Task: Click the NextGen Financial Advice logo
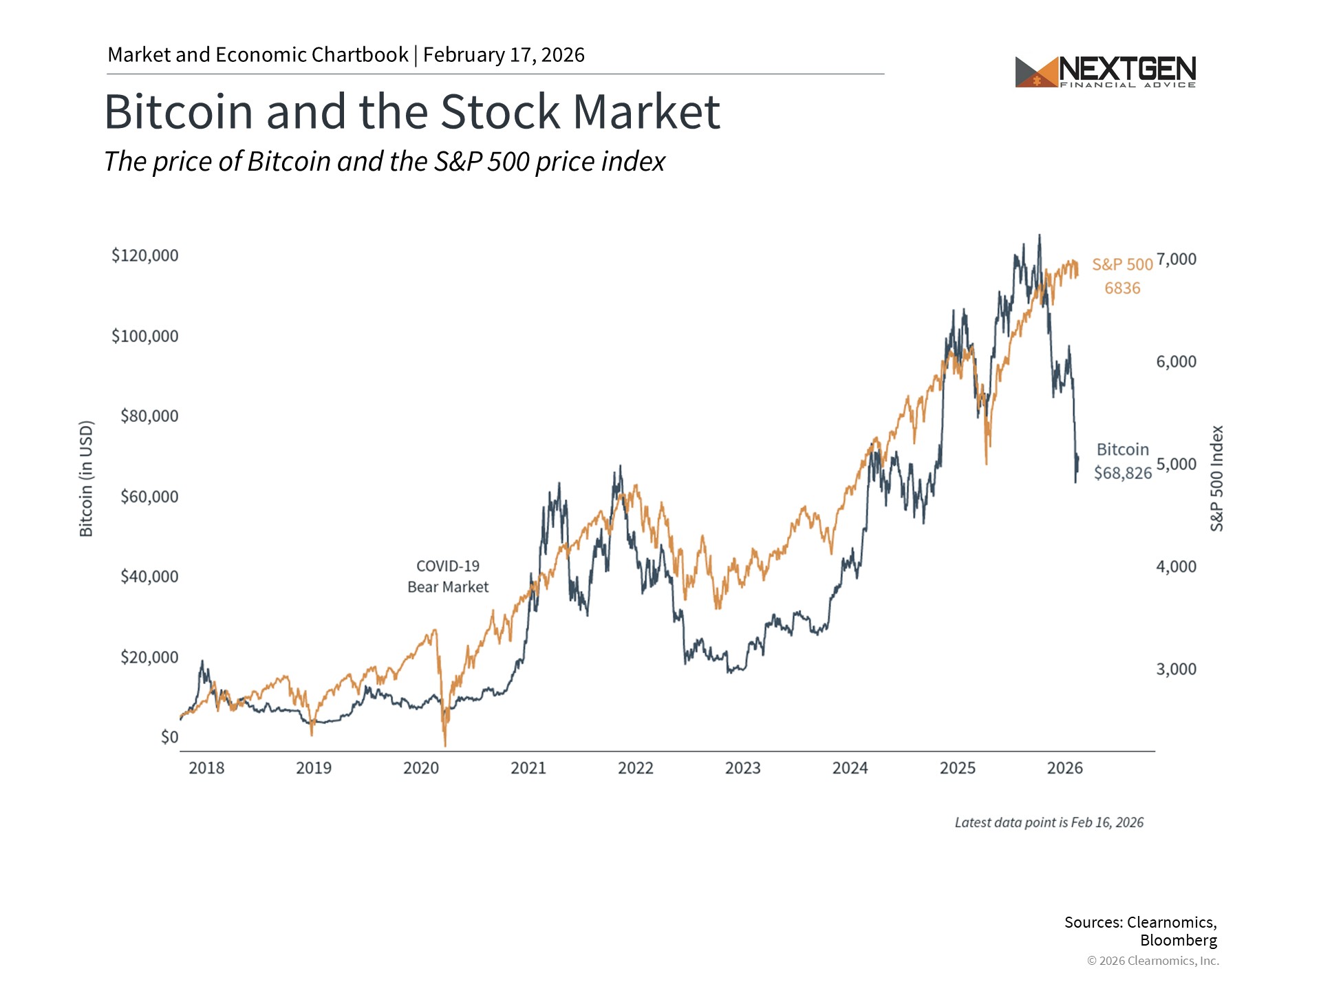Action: pos(1105,72)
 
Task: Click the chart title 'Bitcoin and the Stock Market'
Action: pos(411,111)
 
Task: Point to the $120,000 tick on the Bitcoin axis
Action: pos(145,255)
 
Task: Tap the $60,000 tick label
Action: pos(149,496)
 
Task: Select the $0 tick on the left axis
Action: pos(169,737)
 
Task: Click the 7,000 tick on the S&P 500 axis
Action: pos(1176,259)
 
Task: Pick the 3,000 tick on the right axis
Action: pos(1176,669)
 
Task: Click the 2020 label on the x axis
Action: pos(421,768)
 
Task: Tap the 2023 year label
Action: pos(743,768)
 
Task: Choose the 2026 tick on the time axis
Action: pos(1065,768)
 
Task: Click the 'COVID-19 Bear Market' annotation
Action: pos(448,577)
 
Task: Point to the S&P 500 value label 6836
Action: pos(1122,288)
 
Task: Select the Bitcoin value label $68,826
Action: pos(1123,473)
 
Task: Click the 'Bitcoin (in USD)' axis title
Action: pos(86,478)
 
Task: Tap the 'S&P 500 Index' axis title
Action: pos(1217,478)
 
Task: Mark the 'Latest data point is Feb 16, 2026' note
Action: pos(1049,822)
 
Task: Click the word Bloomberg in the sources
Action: pos(1178,940)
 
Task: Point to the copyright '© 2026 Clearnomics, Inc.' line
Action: pos(1152,961)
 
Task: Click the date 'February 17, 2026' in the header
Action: pos(504,55)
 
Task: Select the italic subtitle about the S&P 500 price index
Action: pos(385,162)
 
